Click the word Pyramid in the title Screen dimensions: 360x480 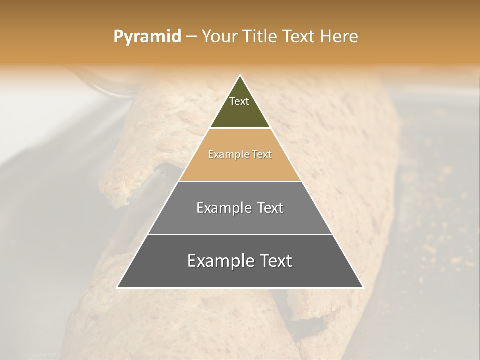(x=147, y=37)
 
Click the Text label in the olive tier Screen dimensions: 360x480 (x=239, y=101)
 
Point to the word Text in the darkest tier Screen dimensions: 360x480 (x=274, y=261)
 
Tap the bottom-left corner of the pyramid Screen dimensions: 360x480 (x=117, y=287)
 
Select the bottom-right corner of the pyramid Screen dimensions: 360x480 (x=363, y=287)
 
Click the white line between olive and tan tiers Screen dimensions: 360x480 (x=240, y=128)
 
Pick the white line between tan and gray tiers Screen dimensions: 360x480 (x=240, y=181)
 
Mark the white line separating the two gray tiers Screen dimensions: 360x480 (x=240, y=234)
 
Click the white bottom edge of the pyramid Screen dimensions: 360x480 (x=240, y=288)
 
